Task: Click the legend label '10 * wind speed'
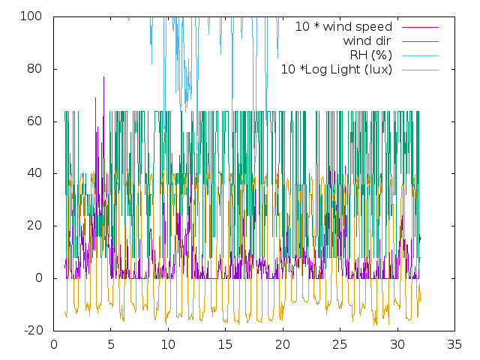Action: [343, 27]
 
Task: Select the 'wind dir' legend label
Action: [367, 41]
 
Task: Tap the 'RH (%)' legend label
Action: [371, 55]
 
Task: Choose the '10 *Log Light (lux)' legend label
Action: [337, 70]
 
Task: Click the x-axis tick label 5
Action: [111, 345]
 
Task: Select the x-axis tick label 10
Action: [168, 345]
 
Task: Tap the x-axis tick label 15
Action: [225, 345]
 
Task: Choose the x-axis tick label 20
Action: [283, 345]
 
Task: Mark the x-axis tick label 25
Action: [340, 345]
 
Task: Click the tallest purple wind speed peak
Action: [104, 77]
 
